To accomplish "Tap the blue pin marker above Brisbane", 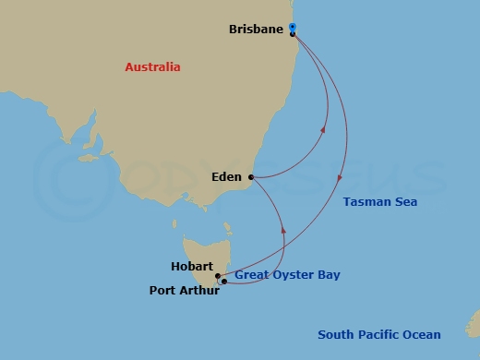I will coord(292,27).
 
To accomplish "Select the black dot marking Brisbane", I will coord(293,34).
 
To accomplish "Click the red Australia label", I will coord(152,67).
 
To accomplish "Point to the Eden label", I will coord(226,177).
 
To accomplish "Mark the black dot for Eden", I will coord(251,177).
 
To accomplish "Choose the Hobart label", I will coord(191,267).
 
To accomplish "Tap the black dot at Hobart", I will coord(218,275).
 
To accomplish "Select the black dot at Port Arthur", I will coord(223,282).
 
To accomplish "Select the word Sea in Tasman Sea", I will coord(406,202).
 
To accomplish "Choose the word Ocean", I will coord(423,335).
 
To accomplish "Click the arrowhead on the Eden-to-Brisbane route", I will coord(324,130).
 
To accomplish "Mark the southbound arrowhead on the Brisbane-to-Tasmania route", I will coord(342,177).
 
